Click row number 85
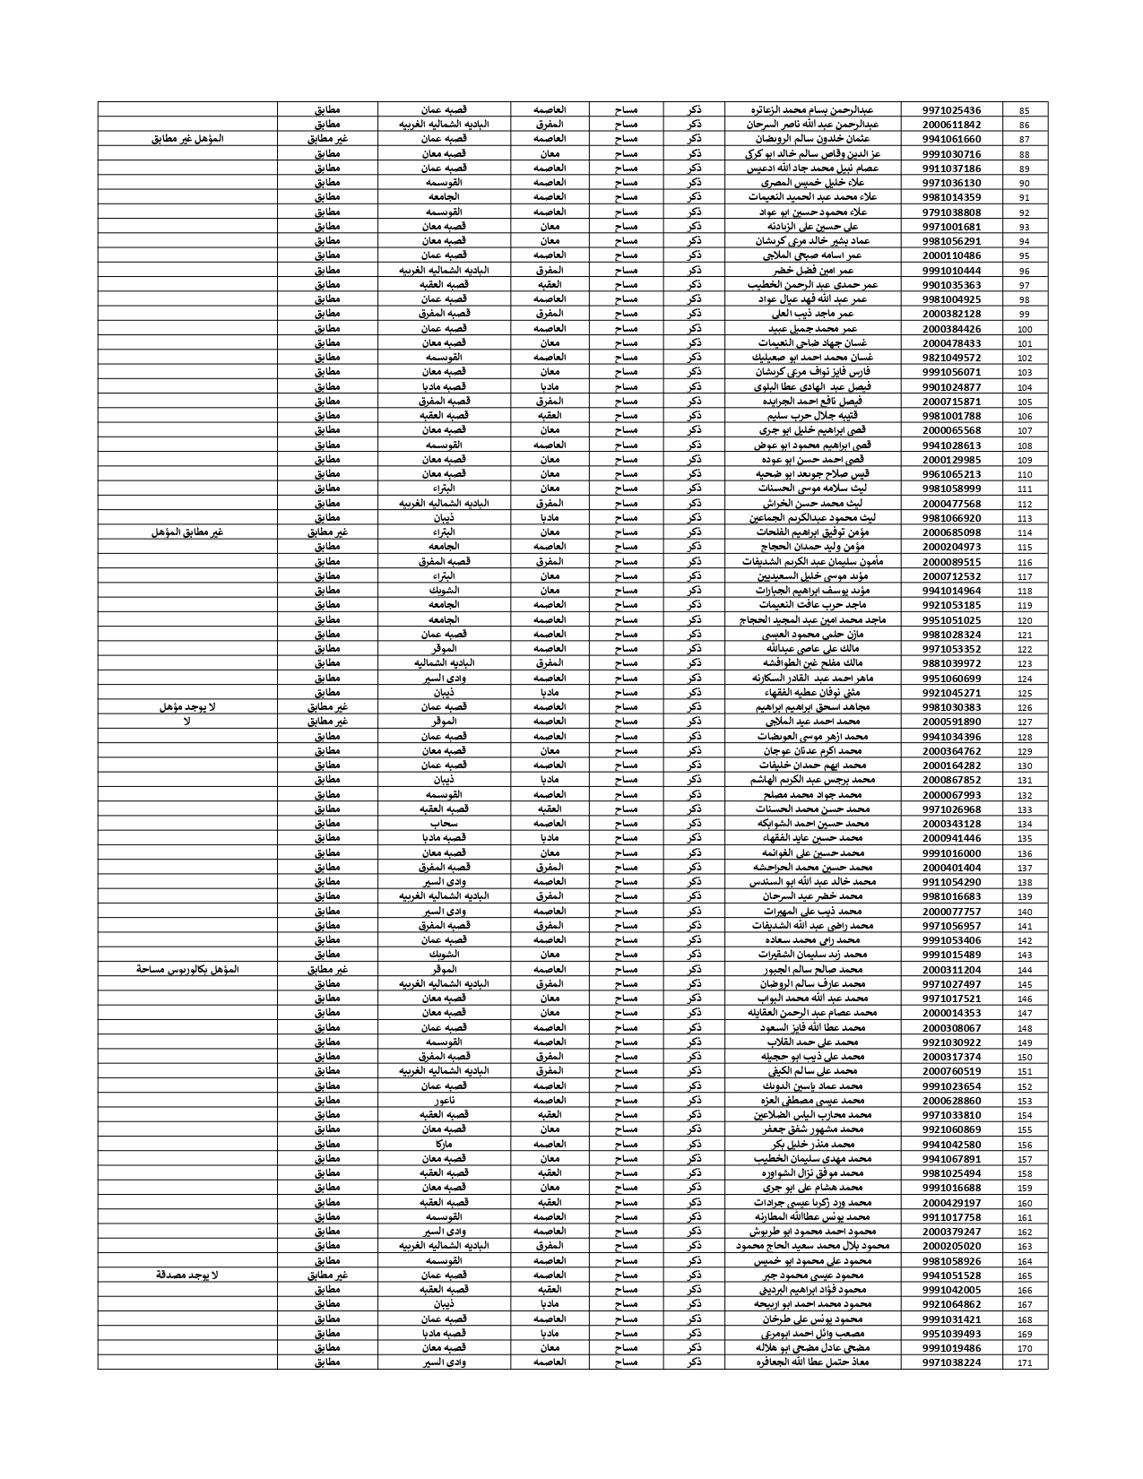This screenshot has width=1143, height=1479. [x=1025, y=110]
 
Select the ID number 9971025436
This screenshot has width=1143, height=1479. [x=951, y=110]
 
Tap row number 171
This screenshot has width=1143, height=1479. [x=1025, y=1362]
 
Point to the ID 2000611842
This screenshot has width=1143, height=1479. [x=951, y=125]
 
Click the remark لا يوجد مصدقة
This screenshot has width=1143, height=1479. [x=186, y=1275]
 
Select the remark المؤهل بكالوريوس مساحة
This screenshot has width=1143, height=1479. [x=186, y=969]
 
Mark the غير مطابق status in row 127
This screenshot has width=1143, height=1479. [x=327, y=721]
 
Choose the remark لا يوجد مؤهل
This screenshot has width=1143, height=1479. [x=186, y=706]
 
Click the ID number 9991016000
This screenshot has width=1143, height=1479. [x=951, y=852]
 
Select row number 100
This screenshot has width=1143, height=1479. [x=1025, y=329]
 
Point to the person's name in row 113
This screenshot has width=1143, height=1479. [x=812, y=517]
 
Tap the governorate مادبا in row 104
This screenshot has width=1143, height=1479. [x=550, y=386]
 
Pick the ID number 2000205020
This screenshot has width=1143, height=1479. [x=951, y=1246]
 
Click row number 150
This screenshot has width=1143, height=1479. [x=1025, y=1057]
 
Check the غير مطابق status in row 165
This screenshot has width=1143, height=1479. [x=327, y=1275]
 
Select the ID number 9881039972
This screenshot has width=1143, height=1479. [x=951, y=663]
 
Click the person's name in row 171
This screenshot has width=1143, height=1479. [x=812, y=1362]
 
